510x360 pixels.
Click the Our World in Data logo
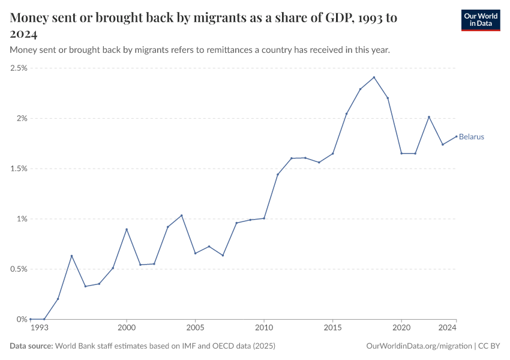[480, 20]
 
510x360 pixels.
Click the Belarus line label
[472, 137]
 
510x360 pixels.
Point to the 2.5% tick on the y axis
[19, 68]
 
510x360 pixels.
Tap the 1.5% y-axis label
[19, 169]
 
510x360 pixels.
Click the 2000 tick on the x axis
[127, 328]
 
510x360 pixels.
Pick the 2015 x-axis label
[333, 328]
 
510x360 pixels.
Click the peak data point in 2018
[374, 77]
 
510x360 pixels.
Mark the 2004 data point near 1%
[181, 215]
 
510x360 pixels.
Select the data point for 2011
[278, 175]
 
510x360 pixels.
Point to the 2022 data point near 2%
[429, 117]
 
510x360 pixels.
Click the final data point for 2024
[456, 136]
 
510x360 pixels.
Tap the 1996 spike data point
[71, 256]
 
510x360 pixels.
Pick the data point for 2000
[127, 229]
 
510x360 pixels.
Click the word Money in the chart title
[30, 17]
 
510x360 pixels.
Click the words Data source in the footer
[31, 346]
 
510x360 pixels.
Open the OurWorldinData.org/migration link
[418, 346]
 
